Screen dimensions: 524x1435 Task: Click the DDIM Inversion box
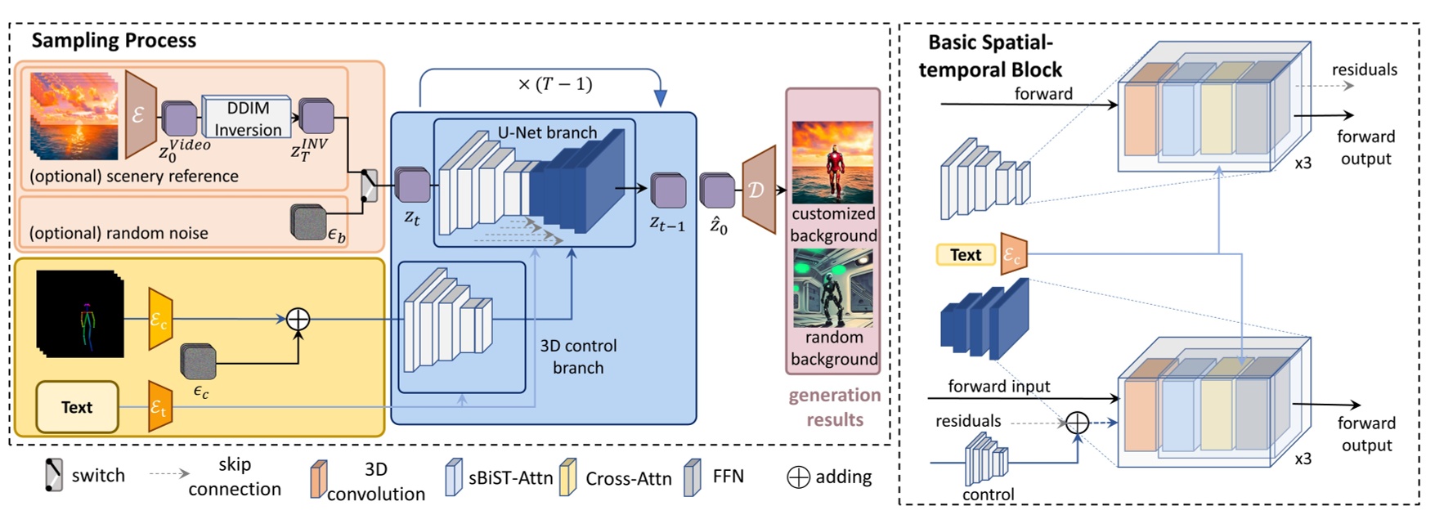246,119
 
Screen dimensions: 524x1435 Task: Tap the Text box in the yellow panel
77,407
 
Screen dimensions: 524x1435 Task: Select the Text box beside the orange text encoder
965,255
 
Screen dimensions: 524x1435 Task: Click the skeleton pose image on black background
80,314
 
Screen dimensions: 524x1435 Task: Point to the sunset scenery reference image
74,114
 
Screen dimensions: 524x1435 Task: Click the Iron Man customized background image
832,162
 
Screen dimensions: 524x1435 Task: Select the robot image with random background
832,289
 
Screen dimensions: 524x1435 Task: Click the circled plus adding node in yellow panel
298,319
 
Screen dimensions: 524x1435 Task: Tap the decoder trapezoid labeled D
759,190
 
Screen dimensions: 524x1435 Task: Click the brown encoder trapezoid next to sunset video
140,115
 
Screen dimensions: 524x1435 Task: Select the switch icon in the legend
53,476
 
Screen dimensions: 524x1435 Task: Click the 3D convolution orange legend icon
318,479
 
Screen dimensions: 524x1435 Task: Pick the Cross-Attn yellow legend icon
567,478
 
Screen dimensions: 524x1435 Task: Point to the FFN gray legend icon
692,477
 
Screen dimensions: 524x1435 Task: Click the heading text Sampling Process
114,41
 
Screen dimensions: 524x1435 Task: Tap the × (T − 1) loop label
554,84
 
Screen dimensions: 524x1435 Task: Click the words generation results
834,407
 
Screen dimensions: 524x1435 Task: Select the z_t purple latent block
412,186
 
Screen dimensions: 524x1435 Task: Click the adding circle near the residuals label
1077,423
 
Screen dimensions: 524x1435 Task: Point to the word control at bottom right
988,494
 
